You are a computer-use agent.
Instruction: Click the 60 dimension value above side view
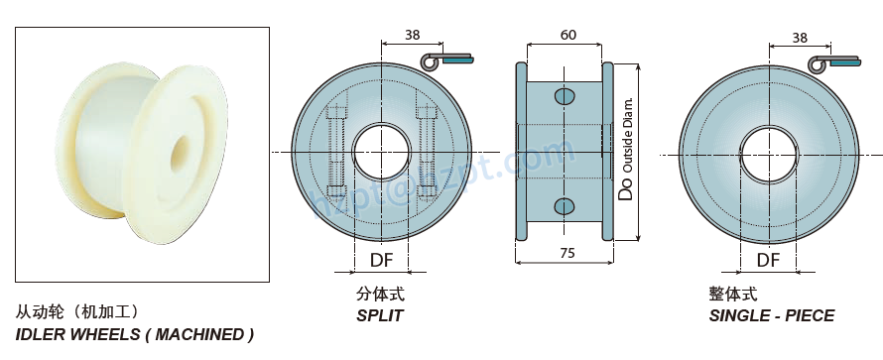[568, 35]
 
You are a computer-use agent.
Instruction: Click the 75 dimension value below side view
[567, 254]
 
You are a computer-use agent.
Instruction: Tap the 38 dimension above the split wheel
[412, 35]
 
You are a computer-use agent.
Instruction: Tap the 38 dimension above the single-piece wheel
[800, 38]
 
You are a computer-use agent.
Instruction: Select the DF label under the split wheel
[382, 261]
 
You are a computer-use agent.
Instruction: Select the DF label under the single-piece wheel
[768, 261]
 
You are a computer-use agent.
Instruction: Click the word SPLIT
[380, 315]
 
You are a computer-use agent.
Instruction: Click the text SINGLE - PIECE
[771, 315]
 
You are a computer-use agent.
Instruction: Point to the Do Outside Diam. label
[626, 150]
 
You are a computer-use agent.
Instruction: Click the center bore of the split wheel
[383, 151]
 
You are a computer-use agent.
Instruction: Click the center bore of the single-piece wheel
[768, 151]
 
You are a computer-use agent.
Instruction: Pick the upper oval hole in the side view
[565, 96]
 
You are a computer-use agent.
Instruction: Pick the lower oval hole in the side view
[565, 205]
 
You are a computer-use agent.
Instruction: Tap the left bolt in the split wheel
[334, 151]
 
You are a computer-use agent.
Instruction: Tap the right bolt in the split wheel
[429, 151]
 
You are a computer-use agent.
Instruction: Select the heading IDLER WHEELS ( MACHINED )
[135, 334]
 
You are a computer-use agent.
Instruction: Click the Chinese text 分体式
[380, 295]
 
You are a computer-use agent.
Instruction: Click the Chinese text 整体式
[732, 295]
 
